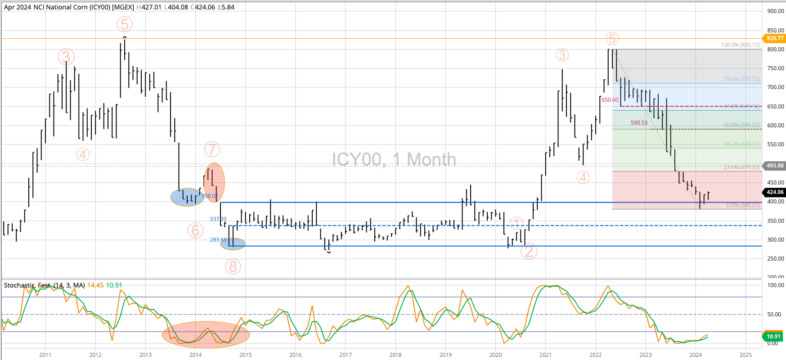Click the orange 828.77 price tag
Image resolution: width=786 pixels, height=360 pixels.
775,38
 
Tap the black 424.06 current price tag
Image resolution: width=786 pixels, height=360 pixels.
775,192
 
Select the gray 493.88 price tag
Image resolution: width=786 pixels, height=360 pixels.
775,166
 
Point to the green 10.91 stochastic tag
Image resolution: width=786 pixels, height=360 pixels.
773,336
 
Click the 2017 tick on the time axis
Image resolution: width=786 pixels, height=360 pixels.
345,355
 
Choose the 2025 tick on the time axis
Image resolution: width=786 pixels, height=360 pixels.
745,355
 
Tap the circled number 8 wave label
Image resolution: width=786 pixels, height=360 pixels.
233,267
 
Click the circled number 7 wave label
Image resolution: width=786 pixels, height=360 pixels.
212,149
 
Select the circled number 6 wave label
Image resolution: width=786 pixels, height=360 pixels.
195,230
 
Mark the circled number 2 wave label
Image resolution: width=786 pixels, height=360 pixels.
529,251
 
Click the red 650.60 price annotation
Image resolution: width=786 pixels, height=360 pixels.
610,100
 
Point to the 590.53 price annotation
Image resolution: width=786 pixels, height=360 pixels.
639,123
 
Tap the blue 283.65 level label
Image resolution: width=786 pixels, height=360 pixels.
218,240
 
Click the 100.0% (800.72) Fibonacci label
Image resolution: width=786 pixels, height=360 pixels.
740,45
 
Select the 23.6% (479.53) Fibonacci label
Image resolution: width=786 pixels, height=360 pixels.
741,167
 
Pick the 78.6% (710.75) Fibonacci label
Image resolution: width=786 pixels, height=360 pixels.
741,79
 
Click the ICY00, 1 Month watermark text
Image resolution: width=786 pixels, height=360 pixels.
394,160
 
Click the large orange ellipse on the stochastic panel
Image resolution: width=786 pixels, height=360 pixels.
206,335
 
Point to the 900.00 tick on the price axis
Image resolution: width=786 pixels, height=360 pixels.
775,11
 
